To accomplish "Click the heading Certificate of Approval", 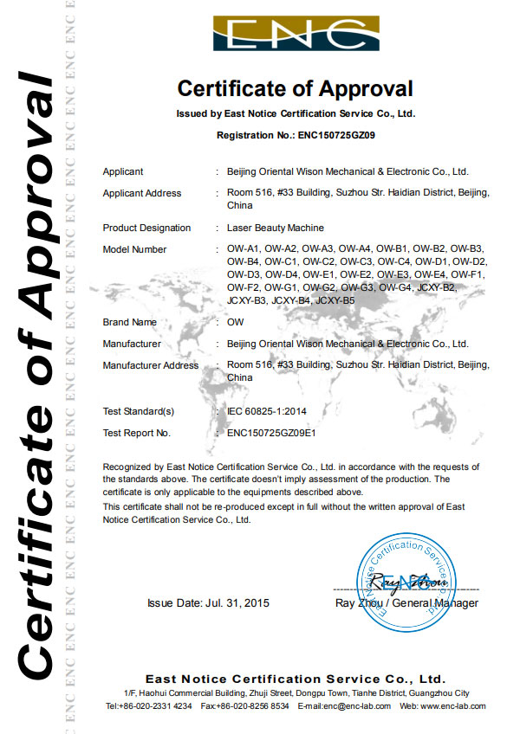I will (x=295, y=88).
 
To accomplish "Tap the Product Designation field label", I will (x=146, y=228).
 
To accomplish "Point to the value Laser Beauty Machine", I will (x=268, y=228).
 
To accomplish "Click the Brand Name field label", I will (x=129, y=322).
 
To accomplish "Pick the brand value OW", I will (x=235, y=322).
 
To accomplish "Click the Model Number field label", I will (x=134, y=249).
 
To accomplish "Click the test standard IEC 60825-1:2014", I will (x=271, y=411).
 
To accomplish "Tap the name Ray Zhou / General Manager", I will (x=406, y=603).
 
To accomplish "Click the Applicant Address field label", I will (x=142, y=193).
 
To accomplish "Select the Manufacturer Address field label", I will (x=150, y=365).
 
